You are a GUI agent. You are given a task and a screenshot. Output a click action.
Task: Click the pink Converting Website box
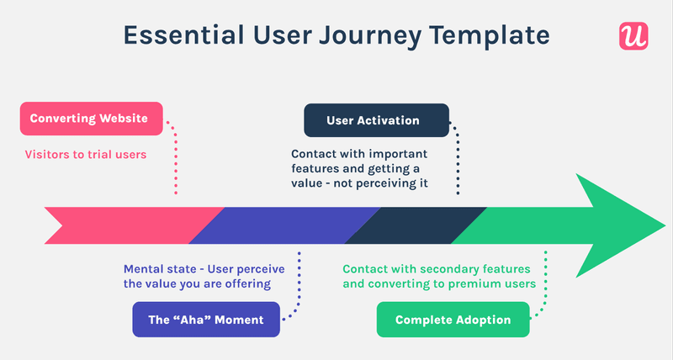click(89, 119)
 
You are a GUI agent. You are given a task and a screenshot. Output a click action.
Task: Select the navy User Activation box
click(375, 120)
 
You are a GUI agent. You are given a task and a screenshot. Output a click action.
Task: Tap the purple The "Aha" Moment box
click(206, 320)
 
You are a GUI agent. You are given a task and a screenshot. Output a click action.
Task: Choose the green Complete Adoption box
click(453, 320)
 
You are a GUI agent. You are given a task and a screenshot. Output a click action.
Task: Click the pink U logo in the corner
click(633, 35)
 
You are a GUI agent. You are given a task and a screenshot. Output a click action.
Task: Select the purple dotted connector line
click(299, 286)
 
